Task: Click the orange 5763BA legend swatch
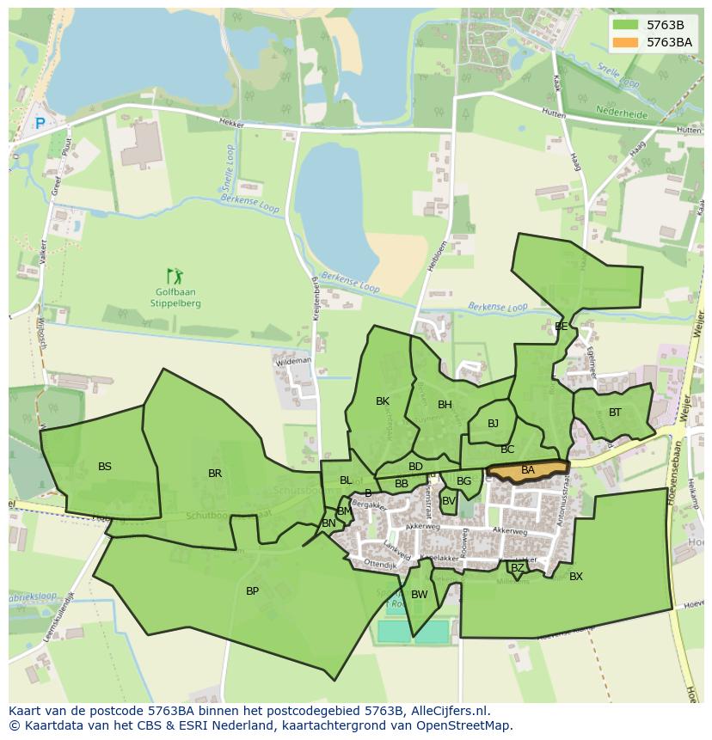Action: coord(626,42)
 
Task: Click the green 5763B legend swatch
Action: coord(626,25)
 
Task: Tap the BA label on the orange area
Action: coord(528,470)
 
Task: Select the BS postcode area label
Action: coord(105,467)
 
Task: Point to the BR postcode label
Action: coord(215,474)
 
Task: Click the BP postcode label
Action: coord(252,591)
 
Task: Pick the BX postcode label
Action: coord(576,577)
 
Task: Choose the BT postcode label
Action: coord(615,413)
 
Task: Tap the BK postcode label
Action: coord(383,401)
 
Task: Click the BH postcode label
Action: coord(445,405)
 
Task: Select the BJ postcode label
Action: coord(493,424)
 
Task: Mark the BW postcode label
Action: coord(420,595)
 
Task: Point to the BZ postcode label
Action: coord(517,568)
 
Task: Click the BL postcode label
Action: coord(346,480)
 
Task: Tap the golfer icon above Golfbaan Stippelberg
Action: coord(175,276)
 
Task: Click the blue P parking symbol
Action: coord(40,124)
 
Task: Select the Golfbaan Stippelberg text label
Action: coord(175,298)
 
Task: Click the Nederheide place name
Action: coord(621,111)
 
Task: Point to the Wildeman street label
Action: coord(293,362)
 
